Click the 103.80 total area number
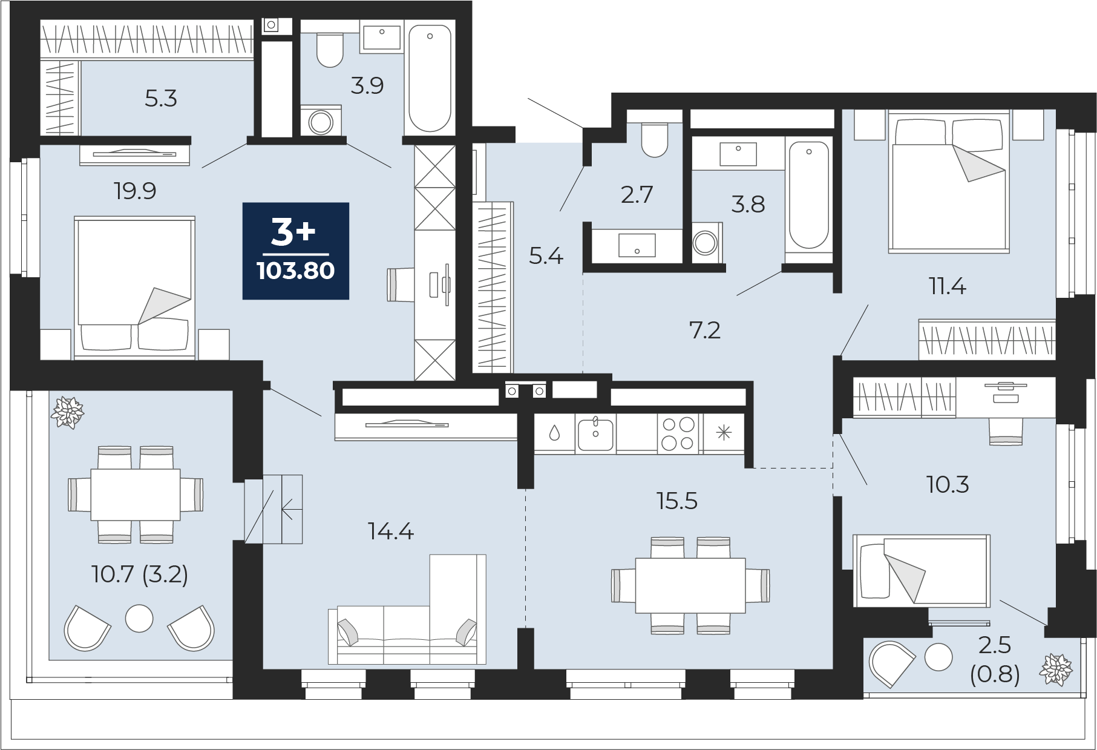tap(295, 271)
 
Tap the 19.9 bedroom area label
tap(135, 191)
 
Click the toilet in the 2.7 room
tap(654, 140)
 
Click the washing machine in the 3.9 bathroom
tap(321, 121)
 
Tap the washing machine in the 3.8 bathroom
tap(706, 243)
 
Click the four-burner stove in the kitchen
tap(678, 433)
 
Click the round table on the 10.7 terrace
tap(139, 618)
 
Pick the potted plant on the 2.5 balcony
tap(1056, 669)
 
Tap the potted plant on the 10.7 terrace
tap(67, 413)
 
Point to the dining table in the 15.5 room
tap(690, 585)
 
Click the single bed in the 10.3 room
tap(922, 570)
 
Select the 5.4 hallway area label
tap(546, 257)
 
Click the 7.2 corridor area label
tap(705, 331)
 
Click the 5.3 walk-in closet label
tap(161, 99)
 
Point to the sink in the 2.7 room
tap(637, 245)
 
